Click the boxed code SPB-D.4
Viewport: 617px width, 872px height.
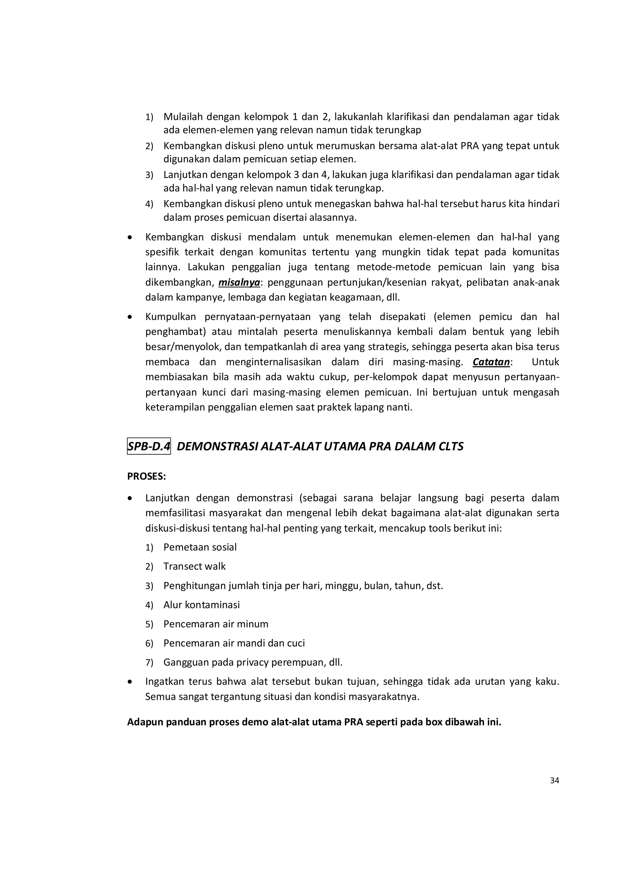(149, 446)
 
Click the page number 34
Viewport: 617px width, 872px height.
(554, 780)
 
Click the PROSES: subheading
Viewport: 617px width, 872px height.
(146, 476)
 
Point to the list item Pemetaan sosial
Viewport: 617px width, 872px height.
(200, 547)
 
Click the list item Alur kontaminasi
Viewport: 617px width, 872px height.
(201, 605)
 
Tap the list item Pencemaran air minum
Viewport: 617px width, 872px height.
(216, 624)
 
